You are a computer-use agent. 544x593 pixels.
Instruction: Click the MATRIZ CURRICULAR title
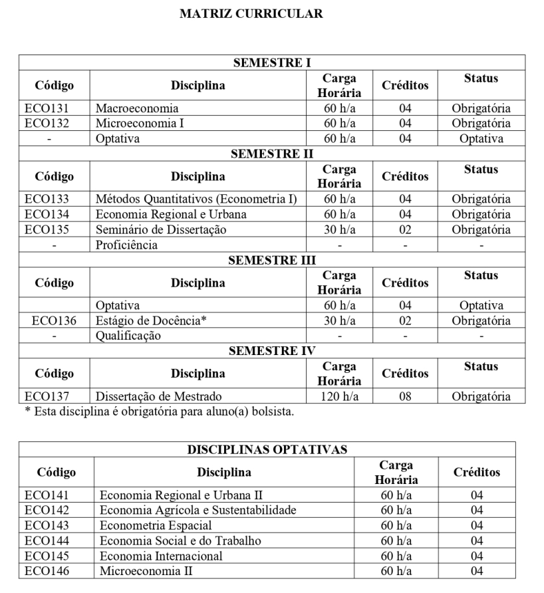click(x=251, y=14)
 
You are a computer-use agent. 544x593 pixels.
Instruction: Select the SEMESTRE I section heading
click(x=272, y=63)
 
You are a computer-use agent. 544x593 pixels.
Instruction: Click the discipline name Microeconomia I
click(x=140, y=123)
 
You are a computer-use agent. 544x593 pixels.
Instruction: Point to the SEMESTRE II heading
click(x=272, y=154)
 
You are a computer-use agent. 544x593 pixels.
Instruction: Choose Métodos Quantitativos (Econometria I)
click(x=196, y=199)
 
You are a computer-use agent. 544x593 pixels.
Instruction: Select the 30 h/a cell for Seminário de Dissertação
click(x=339, y=229)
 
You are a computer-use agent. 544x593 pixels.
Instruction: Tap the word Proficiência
click(x=127, y=245)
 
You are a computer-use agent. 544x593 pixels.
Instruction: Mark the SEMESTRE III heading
click(x=272, y=260)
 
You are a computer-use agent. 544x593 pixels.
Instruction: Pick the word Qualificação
click(x=128, y=336)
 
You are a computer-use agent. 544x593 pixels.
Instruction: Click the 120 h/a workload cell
click(x=339, y=396)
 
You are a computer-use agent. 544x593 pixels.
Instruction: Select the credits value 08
click(x=405, y=396)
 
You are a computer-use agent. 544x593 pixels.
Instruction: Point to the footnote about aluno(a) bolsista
click(x=156, y=412)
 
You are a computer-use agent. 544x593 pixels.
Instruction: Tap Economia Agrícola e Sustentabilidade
click(x=198, y=510)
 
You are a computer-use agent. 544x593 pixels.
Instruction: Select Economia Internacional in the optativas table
click(x=161, y=556)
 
